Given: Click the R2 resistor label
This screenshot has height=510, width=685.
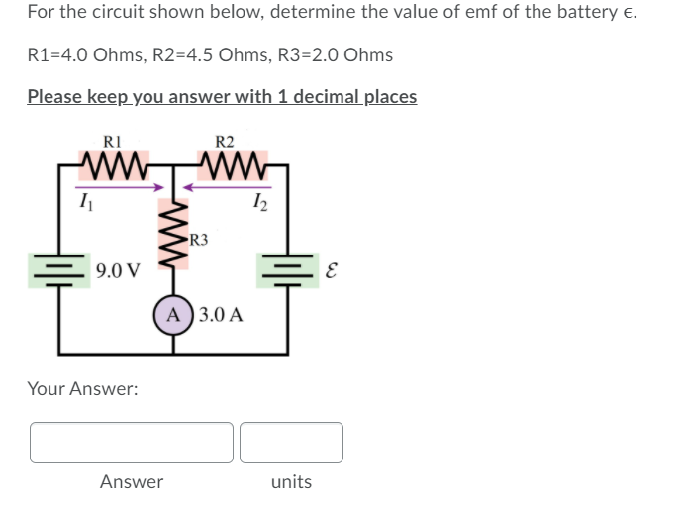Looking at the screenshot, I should coord(224,140).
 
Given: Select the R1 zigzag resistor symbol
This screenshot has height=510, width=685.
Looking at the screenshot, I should coord(116,161).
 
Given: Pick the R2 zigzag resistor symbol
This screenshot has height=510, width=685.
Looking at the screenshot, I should coord(231,161).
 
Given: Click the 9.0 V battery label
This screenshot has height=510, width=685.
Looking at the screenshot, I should coord(118,268).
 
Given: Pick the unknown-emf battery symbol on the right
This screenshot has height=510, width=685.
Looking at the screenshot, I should coord(288,267).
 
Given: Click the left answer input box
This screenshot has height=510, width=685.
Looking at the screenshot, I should coord(132,443).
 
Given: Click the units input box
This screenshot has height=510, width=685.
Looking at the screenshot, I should coord(291,443).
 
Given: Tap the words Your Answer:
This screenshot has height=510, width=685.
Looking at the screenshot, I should coord(82,389).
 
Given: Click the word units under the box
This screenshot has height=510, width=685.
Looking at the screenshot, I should coord(291,482).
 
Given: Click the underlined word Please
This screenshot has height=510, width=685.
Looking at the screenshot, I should coord(54,96).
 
